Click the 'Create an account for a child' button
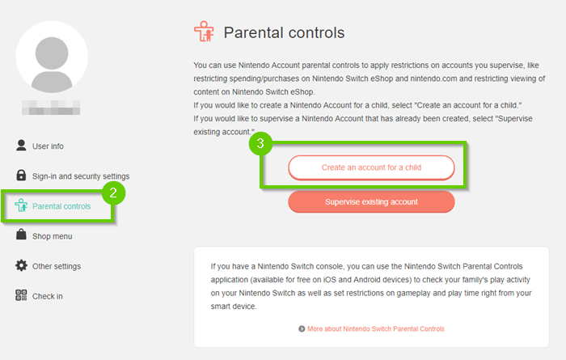[371, 167]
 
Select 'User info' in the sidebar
[48, 146]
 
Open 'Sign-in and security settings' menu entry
[80, 176]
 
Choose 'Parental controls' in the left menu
[61, 206]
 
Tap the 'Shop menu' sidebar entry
[52, 236]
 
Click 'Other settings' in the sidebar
[56, 266]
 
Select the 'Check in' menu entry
[47, 296]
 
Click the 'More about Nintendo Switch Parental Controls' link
[376, 328]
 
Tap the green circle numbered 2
[114, 192]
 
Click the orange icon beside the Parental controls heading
[204, 32]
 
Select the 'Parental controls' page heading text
[284, 33]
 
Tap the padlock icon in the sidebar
[22, 176]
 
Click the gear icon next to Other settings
[22, 265]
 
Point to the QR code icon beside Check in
[22, 295]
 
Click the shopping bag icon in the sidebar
[22, 235]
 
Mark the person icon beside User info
[22, 146]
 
